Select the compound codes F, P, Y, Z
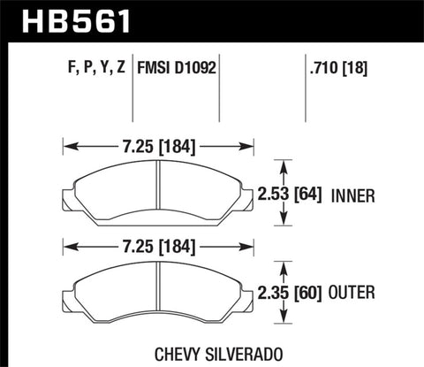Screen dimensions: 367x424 92,65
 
